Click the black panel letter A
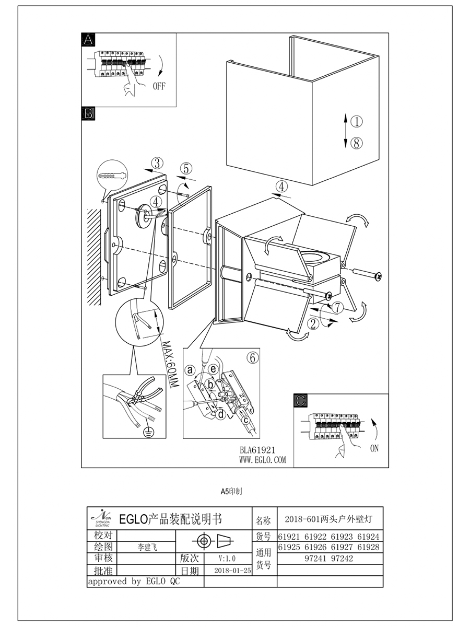[88, 40]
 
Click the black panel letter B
[88, 113]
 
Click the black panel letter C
[301, 401]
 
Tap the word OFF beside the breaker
[159, 87]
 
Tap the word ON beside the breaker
[374, 448]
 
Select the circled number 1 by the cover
[356, 122]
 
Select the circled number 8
[356, 143]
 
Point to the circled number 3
[159, 162]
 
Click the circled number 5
[187, 169]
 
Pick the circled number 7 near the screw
[338, 307]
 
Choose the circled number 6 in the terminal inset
[252, 357]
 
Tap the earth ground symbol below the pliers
[149, 432]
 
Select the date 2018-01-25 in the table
[233, 571]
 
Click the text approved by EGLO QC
[133, 582]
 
